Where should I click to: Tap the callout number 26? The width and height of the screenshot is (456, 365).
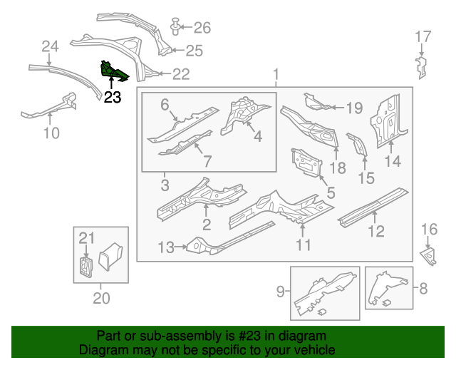point(202,28)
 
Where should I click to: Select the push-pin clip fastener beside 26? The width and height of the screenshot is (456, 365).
point(174,26)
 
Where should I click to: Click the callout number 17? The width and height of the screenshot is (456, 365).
point(423,36)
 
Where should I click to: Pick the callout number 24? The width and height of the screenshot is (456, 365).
point(49,47)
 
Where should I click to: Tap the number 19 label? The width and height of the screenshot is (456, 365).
point(354,108)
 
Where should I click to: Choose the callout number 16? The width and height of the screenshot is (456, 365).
point(429,229)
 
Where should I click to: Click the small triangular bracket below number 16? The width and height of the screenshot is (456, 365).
point(430,255)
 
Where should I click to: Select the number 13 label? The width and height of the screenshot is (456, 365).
point(166,247)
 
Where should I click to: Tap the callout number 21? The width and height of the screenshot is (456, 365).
point(86,237)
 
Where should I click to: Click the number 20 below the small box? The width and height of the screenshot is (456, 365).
point(102,299)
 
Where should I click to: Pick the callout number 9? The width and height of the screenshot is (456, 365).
point(280,290)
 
